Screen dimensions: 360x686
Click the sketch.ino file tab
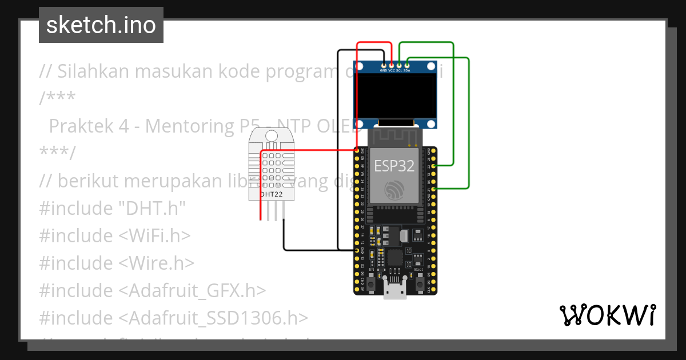tap(101, 25)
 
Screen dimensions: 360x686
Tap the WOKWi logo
tap(607, 315)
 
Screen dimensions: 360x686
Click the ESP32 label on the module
tap(394, 166)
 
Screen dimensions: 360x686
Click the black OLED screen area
tap(395, 95)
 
